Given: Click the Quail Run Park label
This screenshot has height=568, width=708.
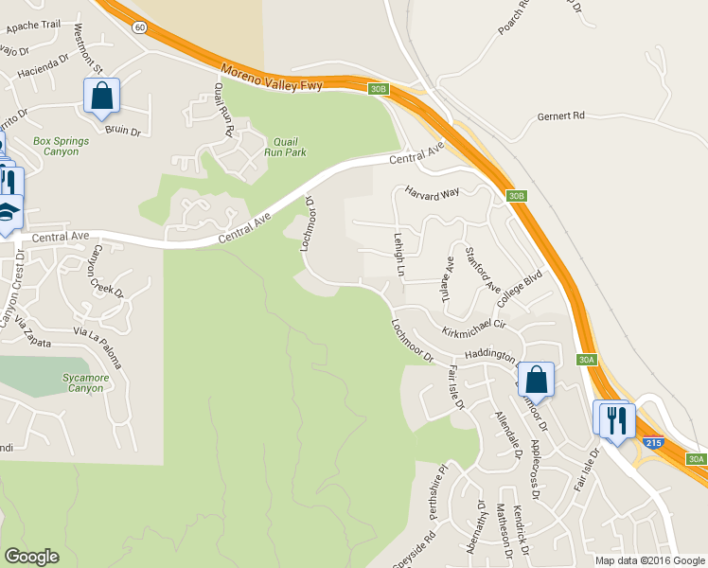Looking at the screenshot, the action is click(291, 146).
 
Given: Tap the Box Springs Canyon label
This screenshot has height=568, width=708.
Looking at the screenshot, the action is click(62, 147).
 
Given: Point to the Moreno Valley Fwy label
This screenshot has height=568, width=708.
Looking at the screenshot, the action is click(272, 79).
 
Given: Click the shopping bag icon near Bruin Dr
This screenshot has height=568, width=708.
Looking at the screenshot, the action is click(101, 96).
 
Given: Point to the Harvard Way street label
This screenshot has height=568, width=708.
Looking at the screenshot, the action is click(433, 192).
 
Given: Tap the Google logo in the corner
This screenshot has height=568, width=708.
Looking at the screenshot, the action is click(31, 557).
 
